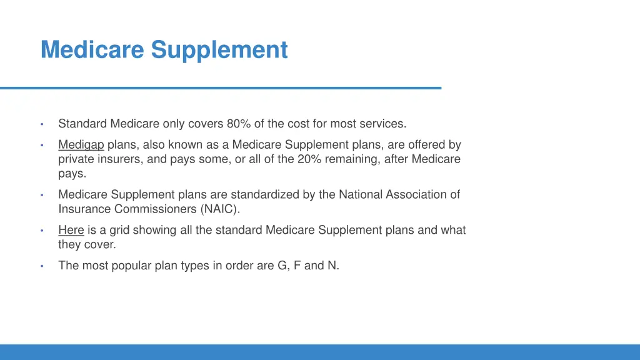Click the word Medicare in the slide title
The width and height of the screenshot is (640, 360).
point(92,50)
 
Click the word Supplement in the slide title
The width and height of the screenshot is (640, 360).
point(219,50)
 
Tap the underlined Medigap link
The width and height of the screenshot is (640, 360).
point(81,145)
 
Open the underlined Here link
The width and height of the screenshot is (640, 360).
point(71,230)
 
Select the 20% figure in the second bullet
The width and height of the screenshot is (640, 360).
point(310,159)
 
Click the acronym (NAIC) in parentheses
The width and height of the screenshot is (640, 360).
point(220,209)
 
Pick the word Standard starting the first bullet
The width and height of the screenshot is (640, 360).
point(82,123)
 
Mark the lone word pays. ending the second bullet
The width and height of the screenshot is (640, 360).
point(72,174)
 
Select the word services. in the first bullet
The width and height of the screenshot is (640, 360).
point(384,123)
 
